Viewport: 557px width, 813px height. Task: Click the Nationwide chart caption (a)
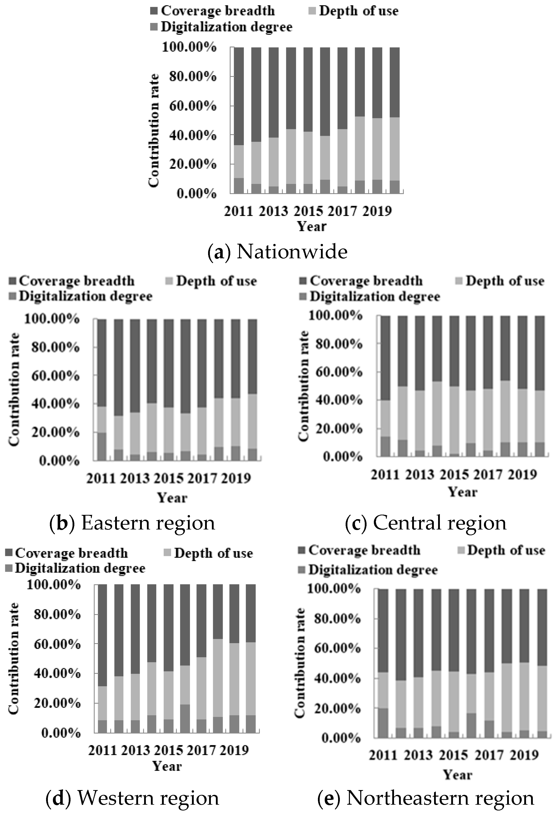278,252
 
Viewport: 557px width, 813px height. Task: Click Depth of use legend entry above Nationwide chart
358,11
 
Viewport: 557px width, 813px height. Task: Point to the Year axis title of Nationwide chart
312,226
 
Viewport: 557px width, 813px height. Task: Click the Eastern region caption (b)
132,523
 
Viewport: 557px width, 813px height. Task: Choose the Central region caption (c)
426,523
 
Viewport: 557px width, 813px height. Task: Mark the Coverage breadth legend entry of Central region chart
366,281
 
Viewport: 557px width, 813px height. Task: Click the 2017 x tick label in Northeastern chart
489,755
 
